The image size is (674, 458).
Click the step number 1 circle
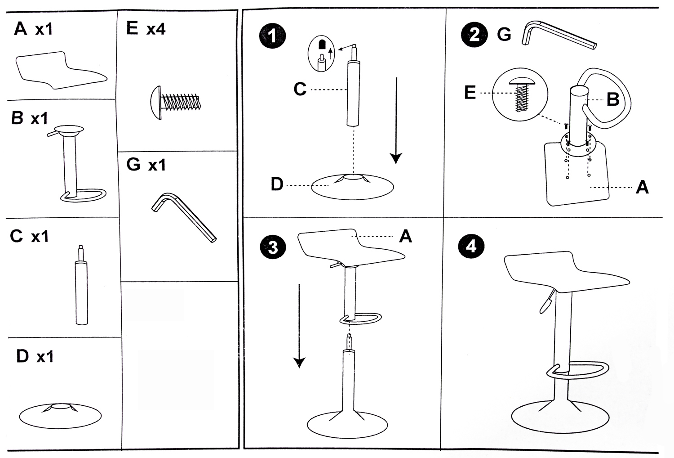272,36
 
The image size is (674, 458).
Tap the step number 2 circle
474,34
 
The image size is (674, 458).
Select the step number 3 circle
273,247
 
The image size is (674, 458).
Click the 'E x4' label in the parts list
146,29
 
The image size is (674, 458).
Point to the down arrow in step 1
396,121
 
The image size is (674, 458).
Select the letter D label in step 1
277,184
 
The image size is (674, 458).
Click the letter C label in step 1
300,89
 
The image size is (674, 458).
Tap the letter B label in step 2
612,99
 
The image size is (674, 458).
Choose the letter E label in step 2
470,93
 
